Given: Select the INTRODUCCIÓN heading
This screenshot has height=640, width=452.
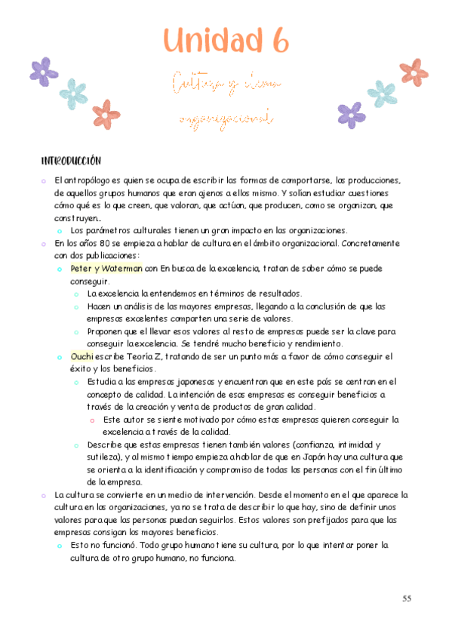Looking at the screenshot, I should point(71,161).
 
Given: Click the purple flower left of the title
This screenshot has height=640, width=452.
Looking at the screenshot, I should point(44,71).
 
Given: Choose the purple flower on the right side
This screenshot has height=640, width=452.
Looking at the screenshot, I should point(351,114).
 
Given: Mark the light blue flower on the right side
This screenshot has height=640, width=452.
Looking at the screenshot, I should point(382,93).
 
